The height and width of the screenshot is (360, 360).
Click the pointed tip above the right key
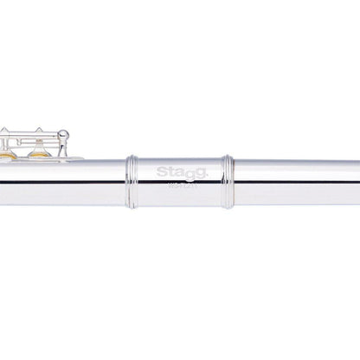point(39,128)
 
